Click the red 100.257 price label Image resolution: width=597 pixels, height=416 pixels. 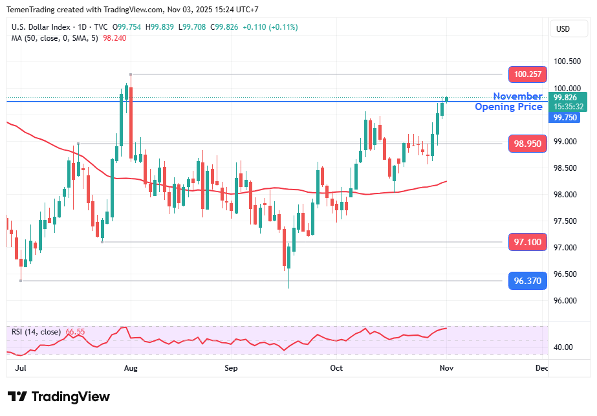click(528, 74)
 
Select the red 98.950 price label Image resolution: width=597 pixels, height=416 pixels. click(528, 144)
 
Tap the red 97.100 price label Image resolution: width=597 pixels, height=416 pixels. click(528, 242)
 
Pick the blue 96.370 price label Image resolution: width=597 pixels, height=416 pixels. click(528, 281)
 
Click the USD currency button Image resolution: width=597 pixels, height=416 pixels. click(563, 29)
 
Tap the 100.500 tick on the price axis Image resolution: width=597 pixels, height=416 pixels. click(567, 61)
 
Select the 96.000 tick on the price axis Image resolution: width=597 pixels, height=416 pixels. click(566, 301)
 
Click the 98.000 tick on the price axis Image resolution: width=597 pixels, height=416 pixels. click(566, 195)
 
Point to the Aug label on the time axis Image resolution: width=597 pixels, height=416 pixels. click(131, 368)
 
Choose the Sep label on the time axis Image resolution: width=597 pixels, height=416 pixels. click(231, 368)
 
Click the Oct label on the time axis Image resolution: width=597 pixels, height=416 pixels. click(336, 368)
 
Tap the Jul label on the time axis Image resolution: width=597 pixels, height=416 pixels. click(20, 368)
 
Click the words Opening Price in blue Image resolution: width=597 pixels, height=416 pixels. click(508, 107)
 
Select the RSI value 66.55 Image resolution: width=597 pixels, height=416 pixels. click(75, 332)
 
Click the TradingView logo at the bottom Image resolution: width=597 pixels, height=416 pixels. click(59, 397)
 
